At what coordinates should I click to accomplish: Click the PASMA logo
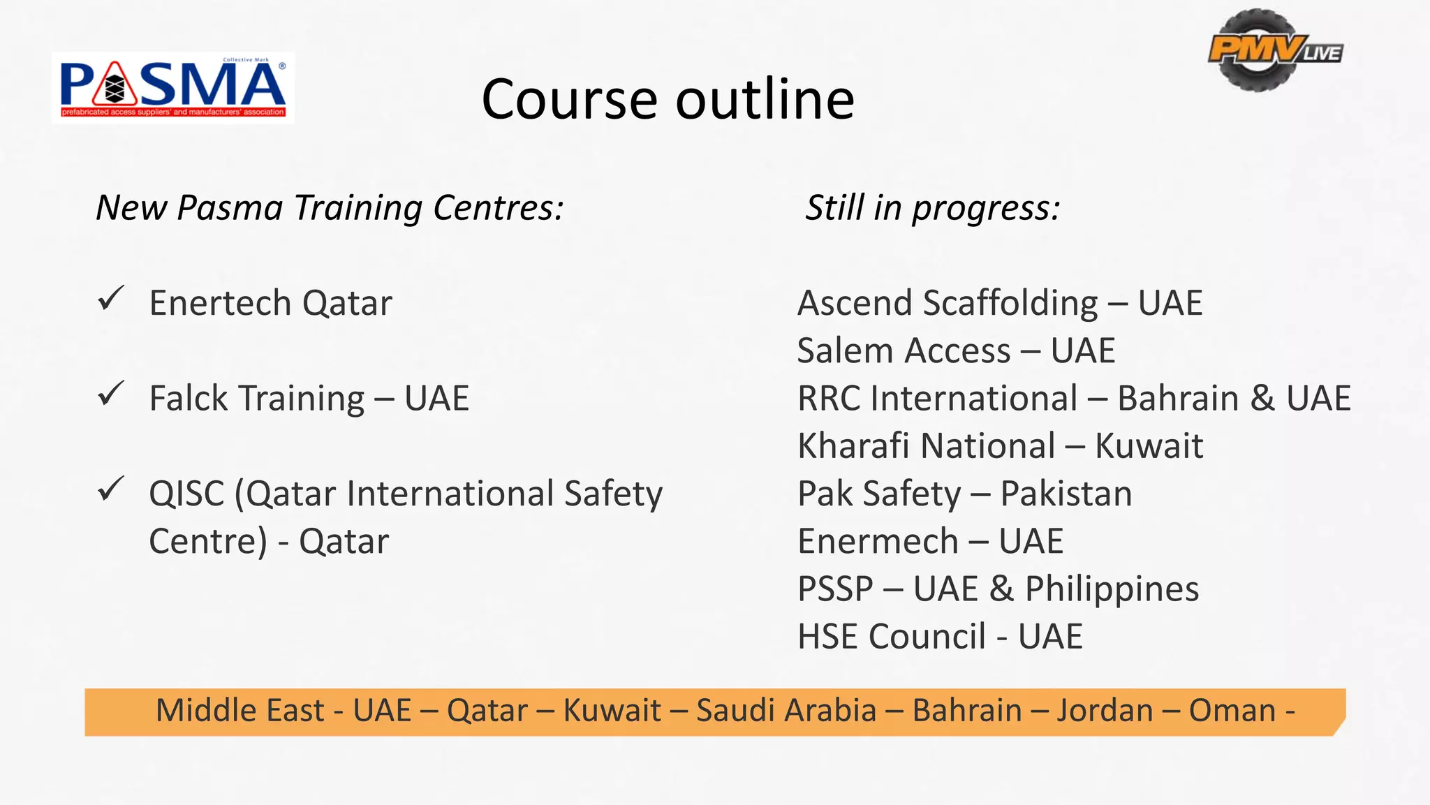(x=172, y=88)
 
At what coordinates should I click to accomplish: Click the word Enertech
(x=219, y=303)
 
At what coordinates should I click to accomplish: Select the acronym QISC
(x=186, y=494)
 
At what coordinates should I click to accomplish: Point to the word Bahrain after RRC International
(x=1178, y=399)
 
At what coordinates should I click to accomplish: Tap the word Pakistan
(x=1066, y=494)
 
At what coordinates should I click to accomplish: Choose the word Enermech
(x=878, y=542)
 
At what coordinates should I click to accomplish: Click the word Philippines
(x=1112, y=589)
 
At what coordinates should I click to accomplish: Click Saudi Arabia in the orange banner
(x=786, y=711)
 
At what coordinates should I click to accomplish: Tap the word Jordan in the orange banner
(x=1105, y=711)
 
